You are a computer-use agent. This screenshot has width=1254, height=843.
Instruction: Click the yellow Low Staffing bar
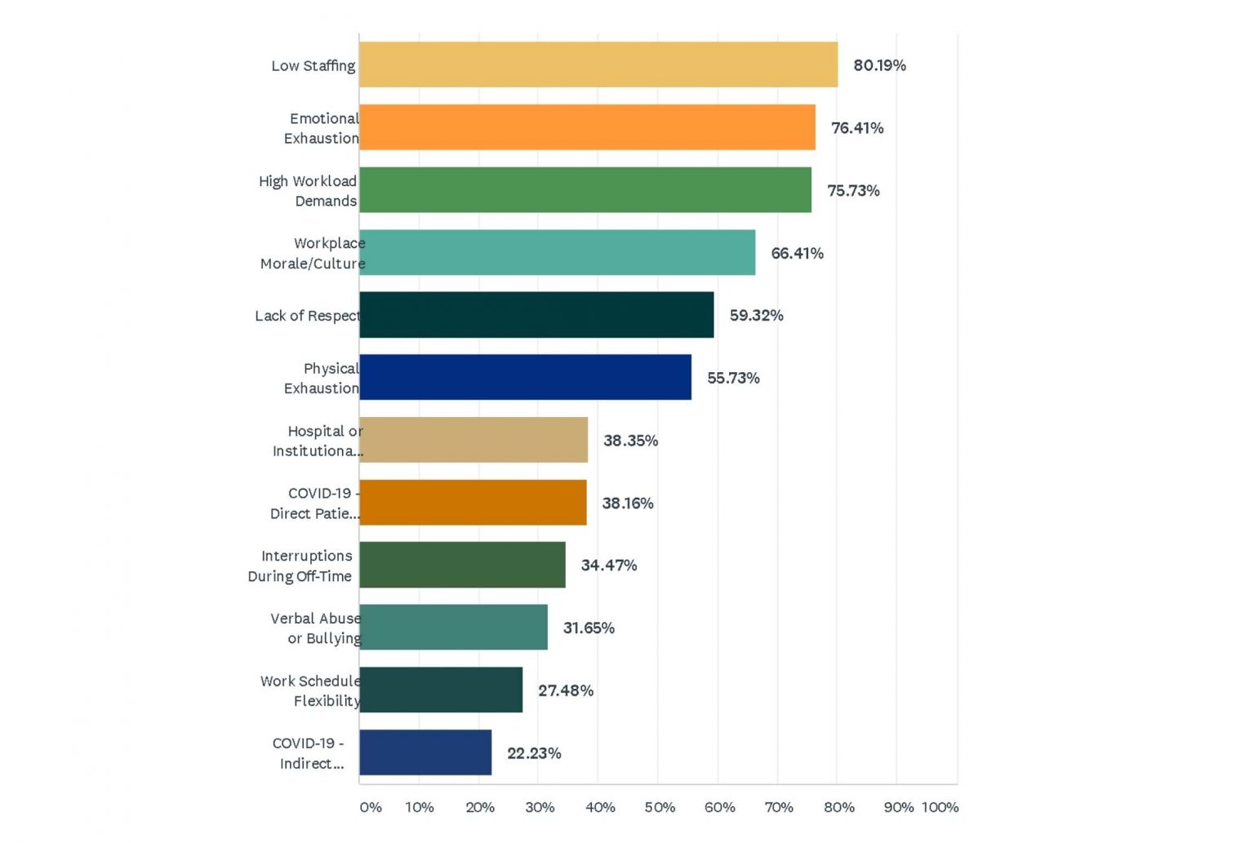pos(598,64)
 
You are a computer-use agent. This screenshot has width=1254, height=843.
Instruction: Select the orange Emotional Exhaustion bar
pos(587,127)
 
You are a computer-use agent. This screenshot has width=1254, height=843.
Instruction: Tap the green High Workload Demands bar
pos(585,190)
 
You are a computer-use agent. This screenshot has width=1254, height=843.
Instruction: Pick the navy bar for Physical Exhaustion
pos(525,377)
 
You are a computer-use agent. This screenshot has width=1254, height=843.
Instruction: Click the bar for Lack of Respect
pos(536,315)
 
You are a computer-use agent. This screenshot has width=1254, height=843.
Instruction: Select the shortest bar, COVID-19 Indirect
pos(425,752)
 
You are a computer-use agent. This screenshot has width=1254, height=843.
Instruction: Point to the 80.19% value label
pos(879,65)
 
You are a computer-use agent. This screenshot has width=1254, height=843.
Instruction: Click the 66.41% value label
pos(797,253)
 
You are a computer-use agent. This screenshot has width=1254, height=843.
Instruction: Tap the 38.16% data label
pos(627,504)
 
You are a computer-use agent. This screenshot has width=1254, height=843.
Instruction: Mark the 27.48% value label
pos(565,690)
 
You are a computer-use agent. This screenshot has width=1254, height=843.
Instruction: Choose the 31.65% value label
pos(588,628)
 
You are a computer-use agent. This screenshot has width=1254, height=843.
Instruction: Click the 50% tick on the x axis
pos(660,807)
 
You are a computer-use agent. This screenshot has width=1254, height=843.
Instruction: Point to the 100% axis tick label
pos(940,807)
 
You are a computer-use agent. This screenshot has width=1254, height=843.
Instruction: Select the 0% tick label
pos(370,807)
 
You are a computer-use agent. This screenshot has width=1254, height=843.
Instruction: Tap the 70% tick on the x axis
pos(779,807)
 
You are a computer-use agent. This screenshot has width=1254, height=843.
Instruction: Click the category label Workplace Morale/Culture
pos(313,253)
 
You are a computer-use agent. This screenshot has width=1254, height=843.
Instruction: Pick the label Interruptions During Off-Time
pos(300,566)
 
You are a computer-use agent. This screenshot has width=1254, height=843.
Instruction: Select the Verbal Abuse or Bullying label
pos(316,628)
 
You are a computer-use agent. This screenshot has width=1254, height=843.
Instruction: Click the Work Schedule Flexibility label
pos(310,690)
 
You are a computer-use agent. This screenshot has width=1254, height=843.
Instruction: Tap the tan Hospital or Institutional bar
pos(474,440)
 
